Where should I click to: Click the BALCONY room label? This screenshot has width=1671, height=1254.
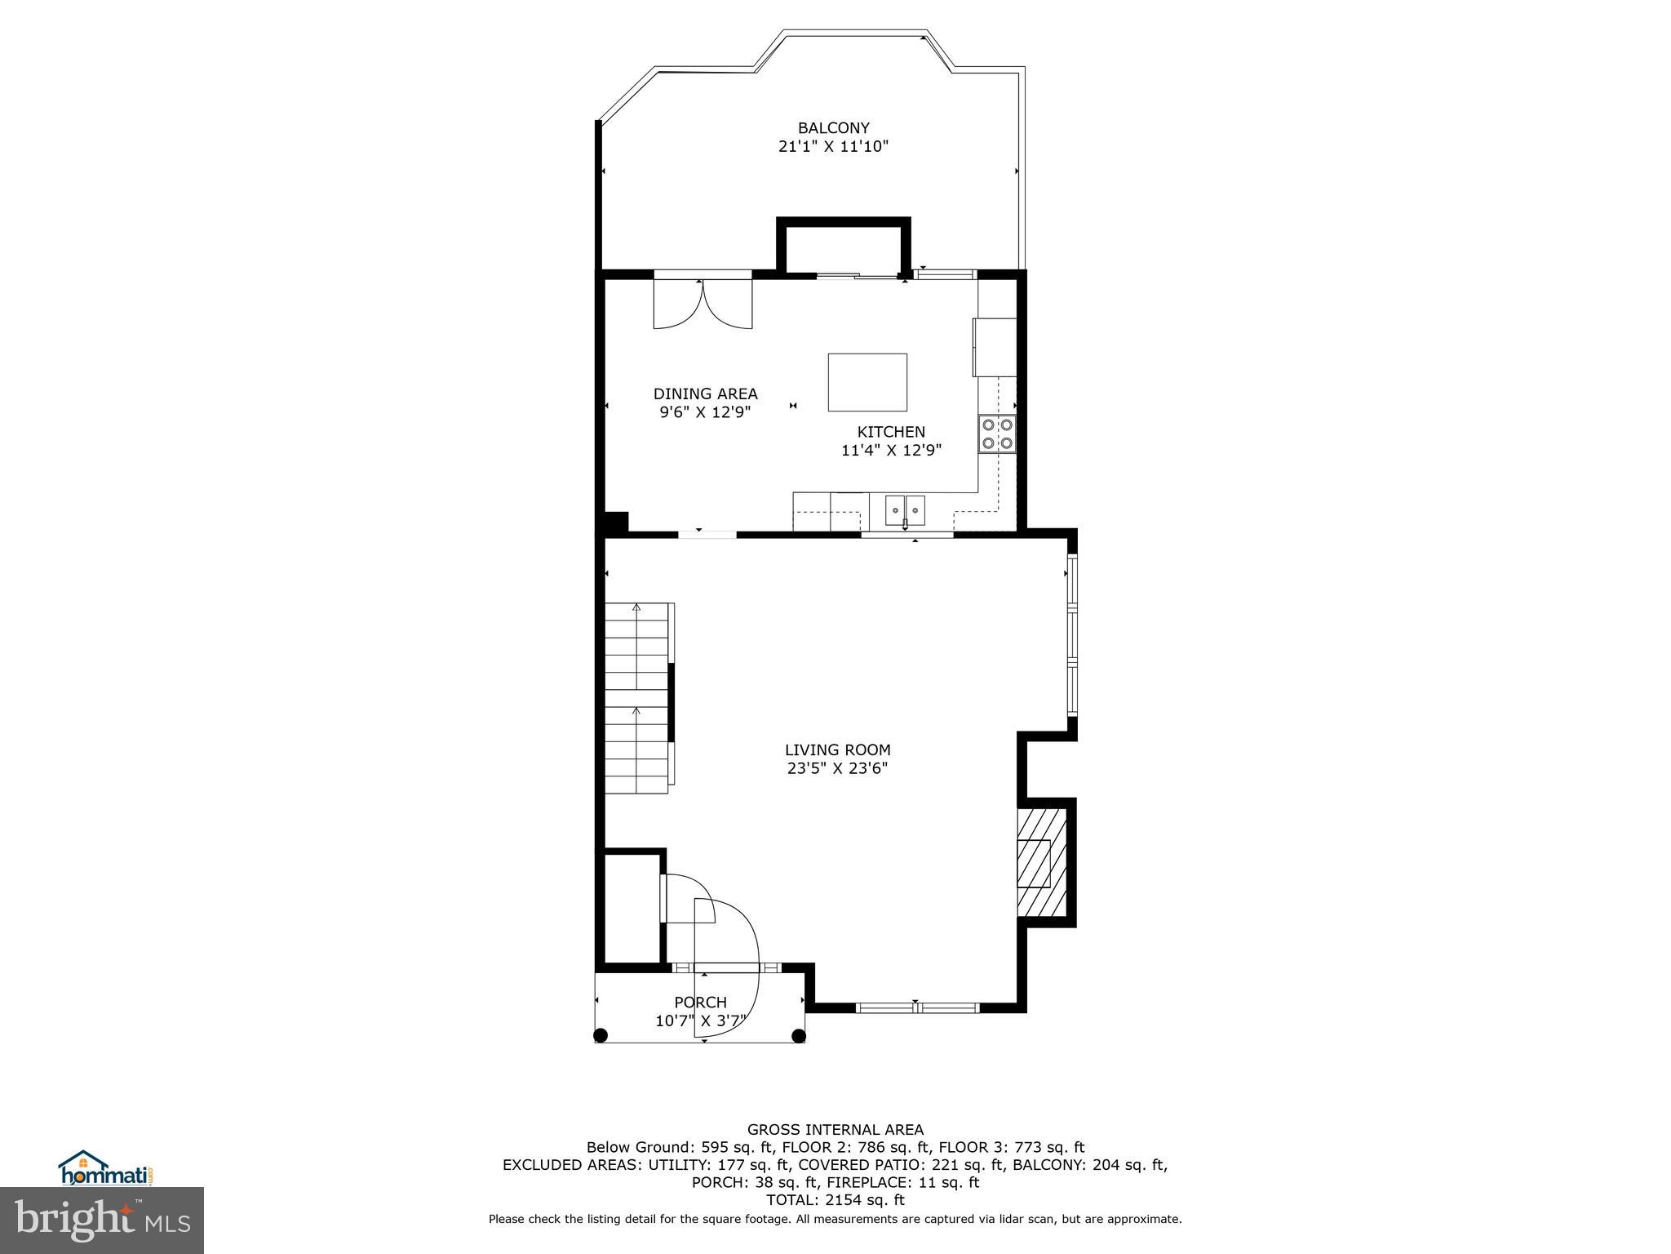(833, 128)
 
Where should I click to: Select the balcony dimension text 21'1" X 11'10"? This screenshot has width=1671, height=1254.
(833, 147)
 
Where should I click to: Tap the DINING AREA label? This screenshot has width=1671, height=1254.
(705, 394)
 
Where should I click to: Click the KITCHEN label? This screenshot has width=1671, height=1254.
(891, 432)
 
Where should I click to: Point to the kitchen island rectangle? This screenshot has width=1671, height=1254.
(867, 382)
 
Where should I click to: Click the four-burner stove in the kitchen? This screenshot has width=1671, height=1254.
(997, 434)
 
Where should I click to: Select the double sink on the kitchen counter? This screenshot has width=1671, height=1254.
(906, 510)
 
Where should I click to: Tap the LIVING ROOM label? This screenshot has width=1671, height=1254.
(837, 749)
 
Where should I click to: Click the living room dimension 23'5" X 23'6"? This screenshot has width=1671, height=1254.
(837, 768)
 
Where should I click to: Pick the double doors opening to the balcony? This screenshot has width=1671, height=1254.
(703, 304)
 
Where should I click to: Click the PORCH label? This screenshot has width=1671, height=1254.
(700, 1003)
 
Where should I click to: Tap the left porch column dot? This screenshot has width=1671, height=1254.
(601, 1036)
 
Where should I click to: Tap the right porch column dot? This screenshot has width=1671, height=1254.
(799, 1036)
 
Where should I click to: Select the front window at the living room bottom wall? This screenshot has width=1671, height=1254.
(918, 1007)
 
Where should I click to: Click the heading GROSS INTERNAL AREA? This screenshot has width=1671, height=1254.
(835, 1130)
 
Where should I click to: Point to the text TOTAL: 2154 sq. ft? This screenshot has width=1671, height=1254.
(835, 1200)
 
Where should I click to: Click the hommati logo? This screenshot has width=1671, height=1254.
(106, 1170)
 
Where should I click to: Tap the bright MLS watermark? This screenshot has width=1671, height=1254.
(102, 1221)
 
